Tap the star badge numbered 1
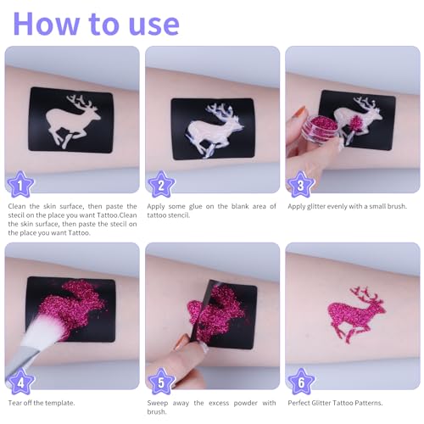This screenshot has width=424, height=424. point(20,183)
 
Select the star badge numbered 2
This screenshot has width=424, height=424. point(159,183)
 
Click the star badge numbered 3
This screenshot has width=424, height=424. point(299,183)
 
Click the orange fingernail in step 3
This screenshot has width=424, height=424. point(299,111)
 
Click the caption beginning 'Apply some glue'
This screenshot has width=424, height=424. point(209,210)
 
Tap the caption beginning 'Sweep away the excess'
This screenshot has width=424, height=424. point(209,406)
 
